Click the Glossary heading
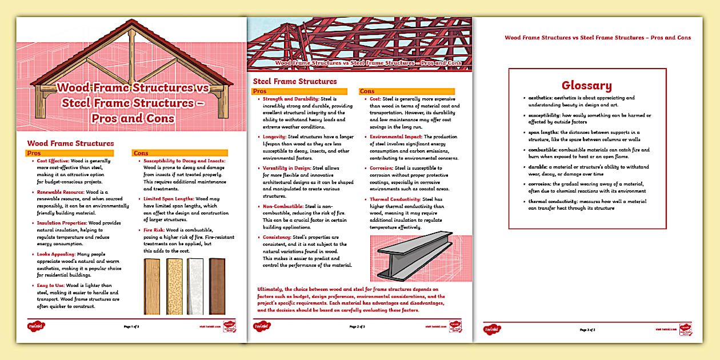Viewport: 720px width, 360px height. pos(587,86)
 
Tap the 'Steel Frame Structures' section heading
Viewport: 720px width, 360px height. pos(295,81)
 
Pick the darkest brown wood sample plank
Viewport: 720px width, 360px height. pos(217,286)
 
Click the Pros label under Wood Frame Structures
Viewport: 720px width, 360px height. pos(34,153)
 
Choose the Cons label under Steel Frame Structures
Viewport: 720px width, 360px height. pos(367,91)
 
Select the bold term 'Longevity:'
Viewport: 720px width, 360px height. pos(274,137)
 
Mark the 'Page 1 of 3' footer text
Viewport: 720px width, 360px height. pos(131,326)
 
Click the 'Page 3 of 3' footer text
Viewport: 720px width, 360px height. pos(587,330)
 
